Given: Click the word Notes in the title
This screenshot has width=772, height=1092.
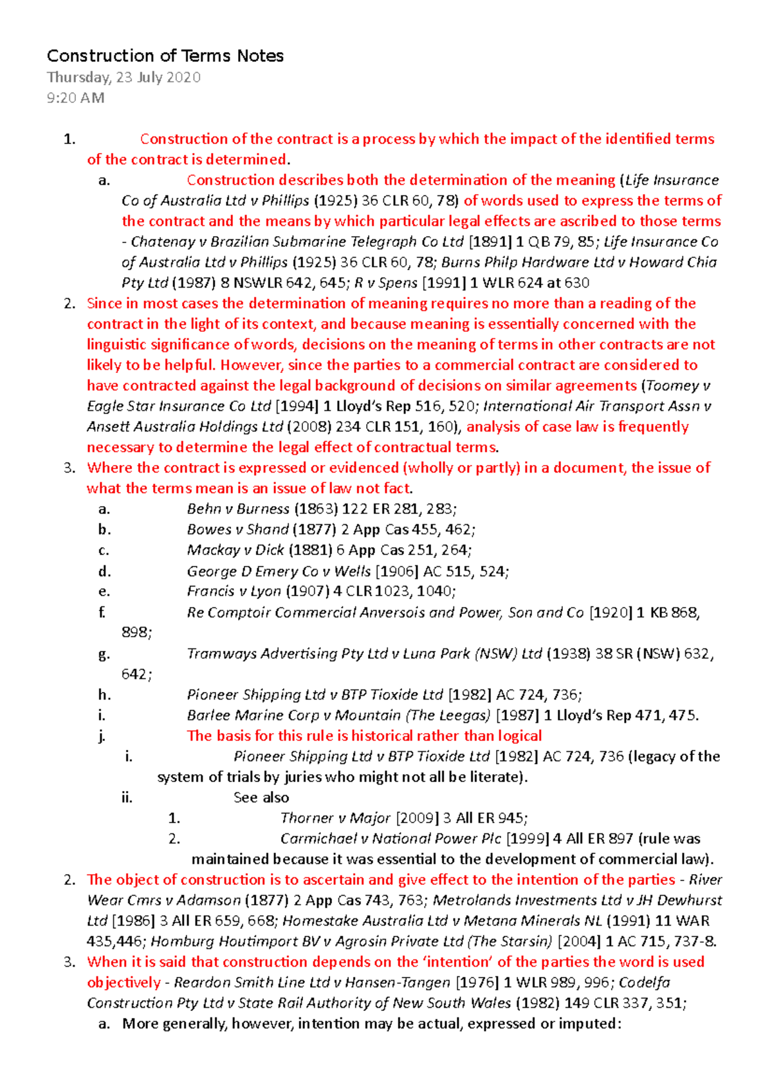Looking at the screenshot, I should point(260,56).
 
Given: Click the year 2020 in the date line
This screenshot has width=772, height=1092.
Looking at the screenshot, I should point(183,78).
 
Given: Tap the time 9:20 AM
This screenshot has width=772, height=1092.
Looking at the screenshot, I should point(75,98).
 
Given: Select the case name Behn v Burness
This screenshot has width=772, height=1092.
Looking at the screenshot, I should point(238,509).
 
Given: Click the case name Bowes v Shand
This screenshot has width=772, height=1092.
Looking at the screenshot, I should point(237,529).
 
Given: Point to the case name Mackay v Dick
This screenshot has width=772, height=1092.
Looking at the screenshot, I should point(235,550).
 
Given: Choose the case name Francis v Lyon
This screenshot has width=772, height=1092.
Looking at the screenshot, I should point(234,591).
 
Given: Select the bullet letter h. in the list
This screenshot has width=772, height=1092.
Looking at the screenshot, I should point(104,695).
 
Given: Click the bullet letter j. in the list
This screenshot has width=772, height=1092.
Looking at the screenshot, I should point(102,736).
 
